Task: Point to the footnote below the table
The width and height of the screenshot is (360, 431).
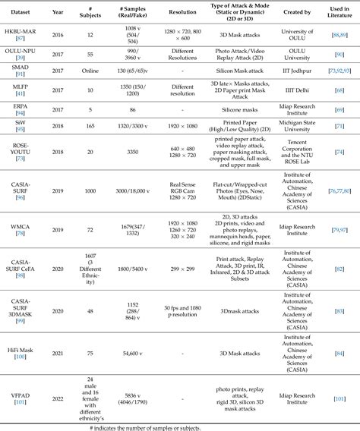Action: pyautogui.click(x=179, y=426)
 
